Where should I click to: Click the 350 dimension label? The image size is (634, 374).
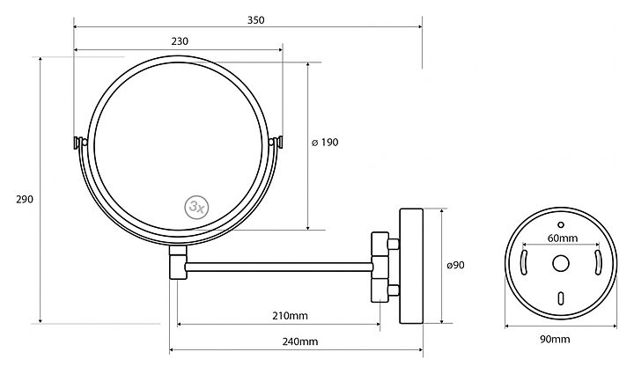pos(255,19)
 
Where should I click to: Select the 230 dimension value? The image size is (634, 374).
pos(180,41)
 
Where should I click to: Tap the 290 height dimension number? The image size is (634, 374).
pos(25,199)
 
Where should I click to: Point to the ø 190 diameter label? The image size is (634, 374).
pos(325,143)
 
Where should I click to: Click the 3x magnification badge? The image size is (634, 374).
pos(197,207)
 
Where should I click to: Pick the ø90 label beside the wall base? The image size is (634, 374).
pos(456,265)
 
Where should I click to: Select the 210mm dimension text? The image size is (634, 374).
pos(290,315)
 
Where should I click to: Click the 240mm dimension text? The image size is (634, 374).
pos(299,341)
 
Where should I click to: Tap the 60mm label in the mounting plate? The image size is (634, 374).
pos(563,238)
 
